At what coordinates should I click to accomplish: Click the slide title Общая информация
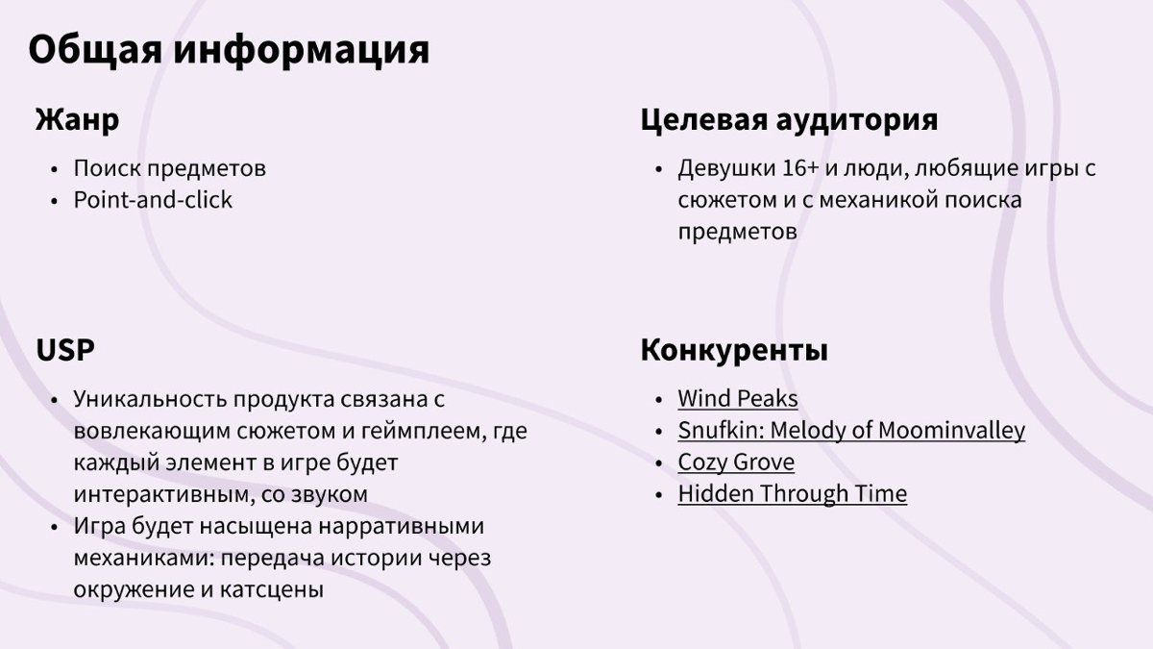point(229,50)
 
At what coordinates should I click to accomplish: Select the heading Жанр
point(77,120)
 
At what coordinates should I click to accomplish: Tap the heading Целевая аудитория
point(789,120)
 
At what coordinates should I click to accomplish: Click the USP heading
point(65,350)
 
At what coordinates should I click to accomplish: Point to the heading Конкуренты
point(734,350)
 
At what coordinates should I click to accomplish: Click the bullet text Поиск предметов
point(170,168)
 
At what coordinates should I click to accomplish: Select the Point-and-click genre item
point(153,200)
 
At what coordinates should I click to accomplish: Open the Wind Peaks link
point(737,398)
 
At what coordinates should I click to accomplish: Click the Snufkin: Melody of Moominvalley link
point(850,430)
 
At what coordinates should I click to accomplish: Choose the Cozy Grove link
point(736,462)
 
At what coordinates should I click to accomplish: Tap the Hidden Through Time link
point(792,493)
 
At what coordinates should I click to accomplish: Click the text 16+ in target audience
point(800,168)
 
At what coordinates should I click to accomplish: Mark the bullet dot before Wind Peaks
point(658,399)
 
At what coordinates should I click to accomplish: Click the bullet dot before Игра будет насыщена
point(54,527)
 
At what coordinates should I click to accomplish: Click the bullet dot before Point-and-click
point(54,201)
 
